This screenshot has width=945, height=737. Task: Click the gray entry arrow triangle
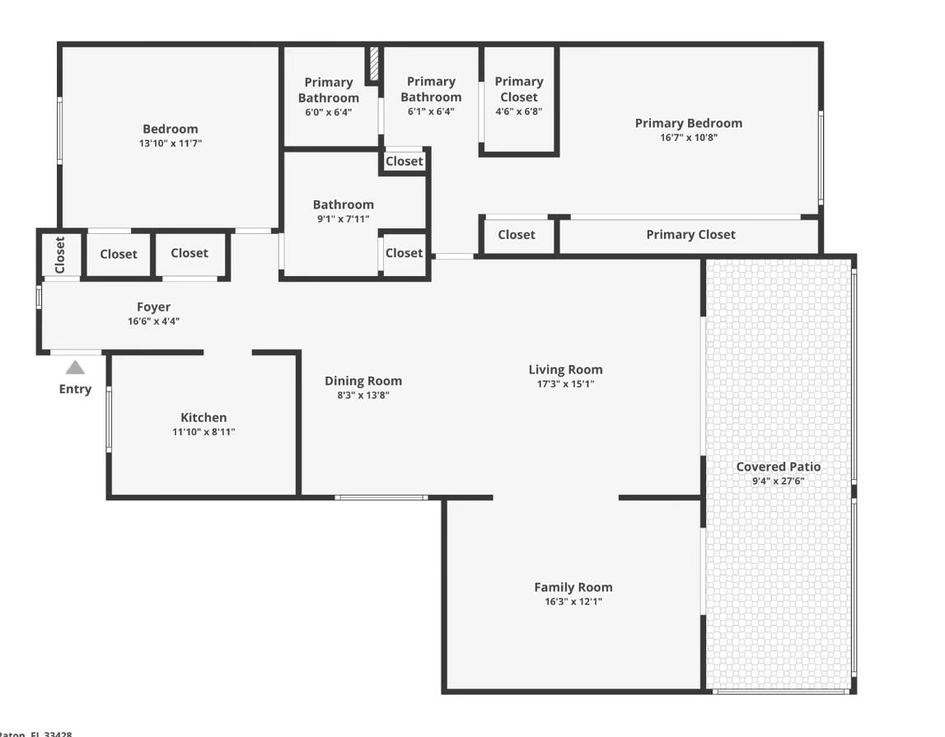pyautogui.click(x=75, y=368)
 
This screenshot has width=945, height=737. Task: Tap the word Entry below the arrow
pyautogui.click(x=75, y=389)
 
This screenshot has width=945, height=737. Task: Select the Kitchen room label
pyautogui.click(x=204, y=417)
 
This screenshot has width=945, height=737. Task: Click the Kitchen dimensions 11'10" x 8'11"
pyautogui.click(x=204, y=432)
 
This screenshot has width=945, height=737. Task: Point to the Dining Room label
pyautogui.click(x=363, y=381)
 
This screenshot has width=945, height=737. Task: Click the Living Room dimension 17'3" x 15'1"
pyautogui.click(x=565, y=384)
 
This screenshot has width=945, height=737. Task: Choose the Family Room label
pyautogui.click(x=573, y=587)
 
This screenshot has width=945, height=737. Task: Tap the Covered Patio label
pyautogui.click(x=778, y=467)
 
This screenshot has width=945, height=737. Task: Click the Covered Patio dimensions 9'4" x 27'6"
pyautogui.click(x=778, y=481)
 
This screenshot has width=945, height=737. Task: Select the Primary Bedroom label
pyautogui.click(x=688, y=123)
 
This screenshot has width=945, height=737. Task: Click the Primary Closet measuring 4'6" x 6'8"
pyautogui.click(x=519, y=96)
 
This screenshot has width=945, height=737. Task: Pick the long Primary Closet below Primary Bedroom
pyautogui.click(x=690, y=235)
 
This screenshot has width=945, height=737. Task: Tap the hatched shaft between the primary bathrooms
pyautogui.click(x=373, y=63)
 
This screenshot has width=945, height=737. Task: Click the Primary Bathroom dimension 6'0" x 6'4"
pyautogui.click(x=329, y=113)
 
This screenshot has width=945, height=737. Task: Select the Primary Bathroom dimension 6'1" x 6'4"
pyautogui.click(x=431, y=112)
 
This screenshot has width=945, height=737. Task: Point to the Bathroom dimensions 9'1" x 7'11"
pyautogui.click(x=343, y=219)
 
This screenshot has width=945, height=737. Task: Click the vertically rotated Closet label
pyautogui.click(x=60, y=255)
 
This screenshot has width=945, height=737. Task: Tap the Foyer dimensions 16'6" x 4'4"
pyautogui.click(x=153, y=322)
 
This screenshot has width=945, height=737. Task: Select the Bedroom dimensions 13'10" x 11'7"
pyautogui.click(x=171, y=143)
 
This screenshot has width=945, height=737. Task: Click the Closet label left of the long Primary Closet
pyautogui.click(x=517, y=235)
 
